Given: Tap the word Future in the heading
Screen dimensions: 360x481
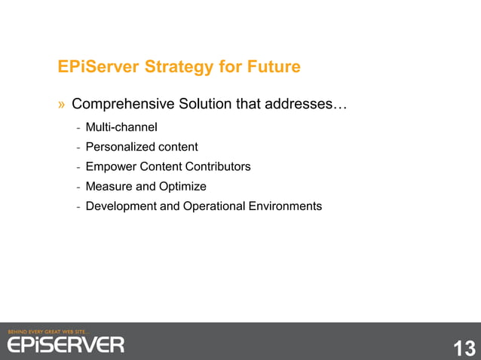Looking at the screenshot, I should pos(272,68).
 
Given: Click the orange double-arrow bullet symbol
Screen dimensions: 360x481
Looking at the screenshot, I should pos(63,104).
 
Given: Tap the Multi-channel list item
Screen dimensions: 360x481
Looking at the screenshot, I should pos(121,126).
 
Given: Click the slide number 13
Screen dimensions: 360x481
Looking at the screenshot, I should pos(464,348).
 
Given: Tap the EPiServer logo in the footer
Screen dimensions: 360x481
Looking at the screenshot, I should pos(66,344).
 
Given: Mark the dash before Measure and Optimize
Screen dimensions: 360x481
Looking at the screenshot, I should pos(78,186).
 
